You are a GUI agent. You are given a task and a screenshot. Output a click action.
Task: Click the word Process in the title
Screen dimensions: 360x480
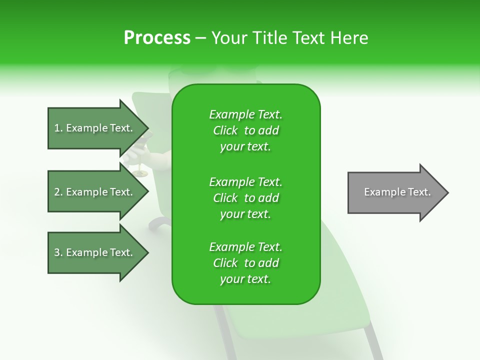pyautogui.click(x=156, y=38)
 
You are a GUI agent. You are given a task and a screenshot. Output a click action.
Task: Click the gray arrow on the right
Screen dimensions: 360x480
pyautogui.click(x=395, y=192)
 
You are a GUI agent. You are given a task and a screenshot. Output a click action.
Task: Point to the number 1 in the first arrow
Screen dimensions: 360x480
pyautogui.click(x=56, y=128)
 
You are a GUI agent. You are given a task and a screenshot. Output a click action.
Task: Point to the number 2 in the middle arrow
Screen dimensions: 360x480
pyautogui.click(x=56, y=192)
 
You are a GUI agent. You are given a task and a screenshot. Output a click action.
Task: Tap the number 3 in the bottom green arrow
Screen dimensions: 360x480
pyautogui.click(x=56, y=252)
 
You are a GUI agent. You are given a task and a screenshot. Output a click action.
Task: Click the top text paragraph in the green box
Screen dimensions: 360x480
pyautogui.click(x=245, y=130)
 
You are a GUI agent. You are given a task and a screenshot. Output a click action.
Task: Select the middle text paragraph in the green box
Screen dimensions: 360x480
pyautogui.click(x=245, y=197)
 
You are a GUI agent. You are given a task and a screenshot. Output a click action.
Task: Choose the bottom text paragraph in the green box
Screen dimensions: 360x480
pyautogui.click(x=245, y=263)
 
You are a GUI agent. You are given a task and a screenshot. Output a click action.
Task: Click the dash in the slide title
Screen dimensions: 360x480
pyautogui.click(x=201, y=38)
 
